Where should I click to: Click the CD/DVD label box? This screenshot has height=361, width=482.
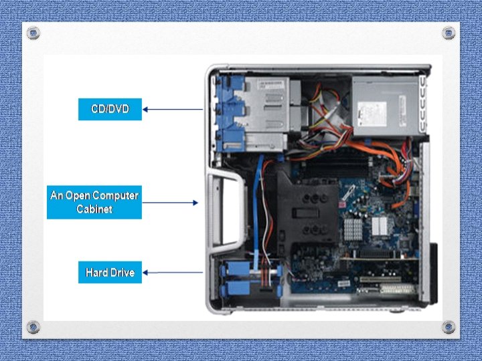coord(110,108)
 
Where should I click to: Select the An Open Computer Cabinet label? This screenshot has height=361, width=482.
coord(94,202)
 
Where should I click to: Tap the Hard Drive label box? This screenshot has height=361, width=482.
coord(110,272)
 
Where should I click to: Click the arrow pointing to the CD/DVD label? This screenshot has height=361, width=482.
coord(172,109)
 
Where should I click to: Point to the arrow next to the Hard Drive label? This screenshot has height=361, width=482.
coord(172,272)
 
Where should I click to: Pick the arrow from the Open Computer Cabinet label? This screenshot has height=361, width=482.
coord(170,202)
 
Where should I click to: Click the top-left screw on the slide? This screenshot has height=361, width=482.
coord(33,32)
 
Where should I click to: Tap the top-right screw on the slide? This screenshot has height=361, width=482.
coord(449,32)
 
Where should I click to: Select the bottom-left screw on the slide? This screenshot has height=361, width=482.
coord(33,327)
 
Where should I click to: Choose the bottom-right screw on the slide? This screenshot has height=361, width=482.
coord(449,327)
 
